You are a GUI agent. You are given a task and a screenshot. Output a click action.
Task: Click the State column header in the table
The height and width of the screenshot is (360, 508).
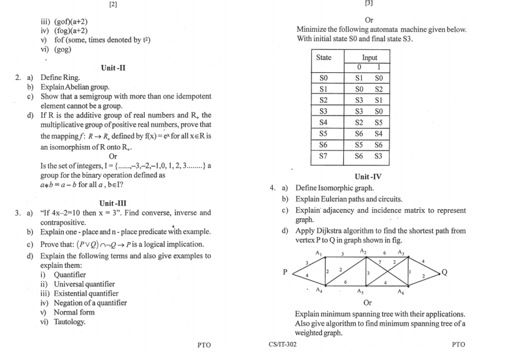coord(324,57)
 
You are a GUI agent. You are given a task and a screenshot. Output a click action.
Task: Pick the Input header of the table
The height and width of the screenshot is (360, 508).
coord(369,57)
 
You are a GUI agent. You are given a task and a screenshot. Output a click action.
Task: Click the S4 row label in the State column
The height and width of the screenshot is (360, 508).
coord(323,122)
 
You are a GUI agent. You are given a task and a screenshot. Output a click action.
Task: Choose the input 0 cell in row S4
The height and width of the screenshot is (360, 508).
coord(360,122)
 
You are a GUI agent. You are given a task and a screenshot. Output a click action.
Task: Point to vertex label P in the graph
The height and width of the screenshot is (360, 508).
coord(285,271)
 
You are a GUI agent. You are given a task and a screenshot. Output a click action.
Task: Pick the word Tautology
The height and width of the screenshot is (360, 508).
coord(67,322)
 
